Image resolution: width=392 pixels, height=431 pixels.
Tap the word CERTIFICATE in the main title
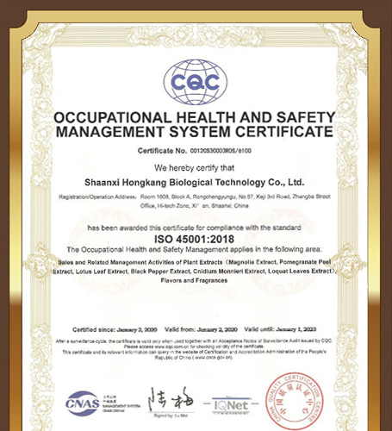(x=281, y=133)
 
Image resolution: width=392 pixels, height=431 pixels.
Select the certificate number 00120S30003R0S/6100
(x=220, y=151)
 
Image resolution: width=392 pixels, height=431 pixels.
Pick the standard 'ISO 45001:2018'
(x=195, y=238)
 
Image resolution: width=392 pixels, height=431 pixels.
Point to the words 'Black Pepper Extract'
(x=164, y=271)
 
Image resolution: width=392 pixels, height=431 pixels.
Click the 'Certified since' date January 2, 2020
(x=140, y=329)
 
